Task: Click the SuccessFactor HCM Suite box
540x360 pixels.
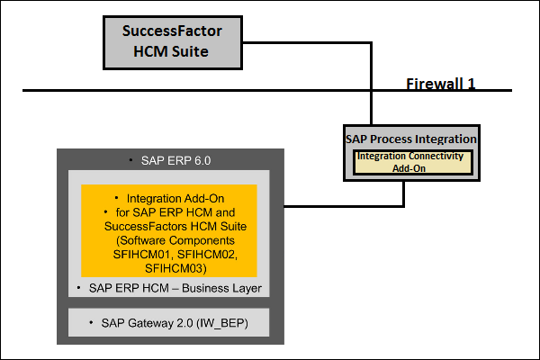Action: (172, 41)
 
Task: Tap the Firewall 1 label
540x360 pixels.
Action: (440, 83)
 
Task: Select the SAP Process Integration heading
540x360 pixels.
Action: (411, 139)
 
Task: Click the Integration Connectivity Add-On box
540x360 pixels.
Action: (410, 162)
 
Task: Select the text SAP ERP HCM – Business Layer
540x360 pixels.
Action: (175, 288)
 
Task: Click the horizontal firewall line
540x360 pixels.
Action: (180, 90)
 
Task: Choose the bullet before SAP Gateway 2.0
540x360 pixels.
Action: (94, 321)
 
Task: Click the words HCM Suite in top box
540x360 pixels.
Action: (172, 51)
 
